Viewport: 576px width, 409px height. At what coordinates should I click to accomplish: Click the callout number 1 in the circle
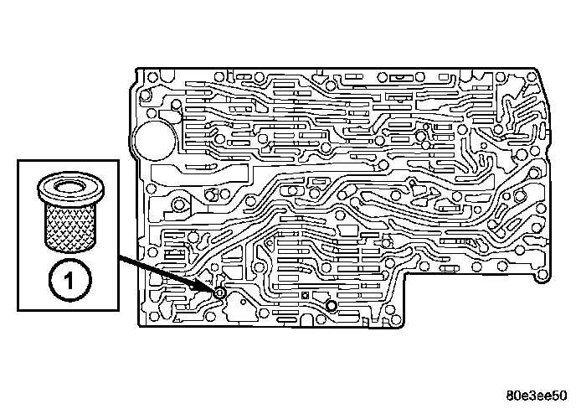(70, 277)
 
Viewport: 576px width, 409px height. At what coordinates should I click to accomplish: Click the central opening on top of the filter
(70, 185)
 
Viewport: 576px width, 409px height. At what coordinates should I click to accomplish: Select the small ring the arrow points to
(219, 293)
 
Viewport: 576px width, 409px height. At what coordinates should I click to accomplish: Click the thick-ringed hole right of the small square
(332, 307)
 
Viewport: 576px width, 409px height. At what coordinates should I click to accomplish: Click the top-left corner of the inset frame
(18, 156)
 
